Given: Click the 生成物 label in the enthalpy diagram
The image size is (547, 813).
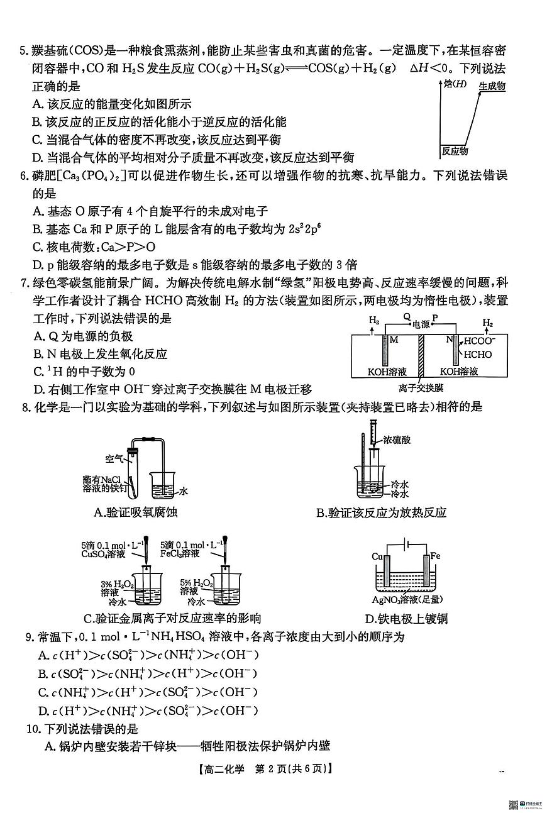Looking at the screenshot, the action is point(492,86).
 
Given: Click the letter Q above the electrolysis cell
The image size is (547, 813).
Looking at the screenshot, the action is point(406,317).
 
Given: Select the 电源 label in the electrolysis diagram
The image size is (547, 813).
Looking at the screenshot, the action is point(421,325).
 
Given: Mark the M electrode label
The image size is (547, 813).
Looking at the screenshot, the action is point(394,340).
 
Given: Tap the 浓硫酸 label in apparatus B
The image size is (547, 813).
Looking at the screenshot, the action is point(396,440).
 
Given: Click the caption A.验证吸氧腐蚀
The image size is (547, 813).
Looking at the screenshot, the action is point(135,512).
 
